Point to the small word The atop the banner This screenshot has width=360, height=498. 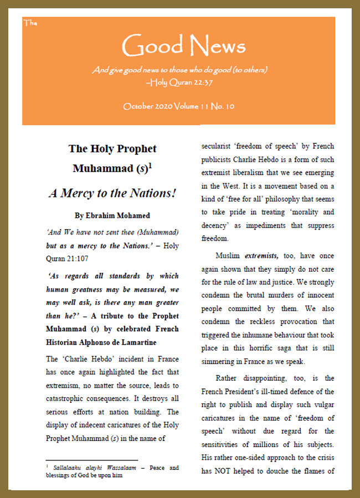[x=30, y=23]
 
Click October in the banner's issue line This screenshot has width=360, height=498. [x=139, y=106]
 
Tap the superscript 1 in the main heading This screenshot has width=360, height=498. [x=150, y=164]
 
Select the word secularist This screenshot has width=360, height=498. [x=219, y=148]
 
